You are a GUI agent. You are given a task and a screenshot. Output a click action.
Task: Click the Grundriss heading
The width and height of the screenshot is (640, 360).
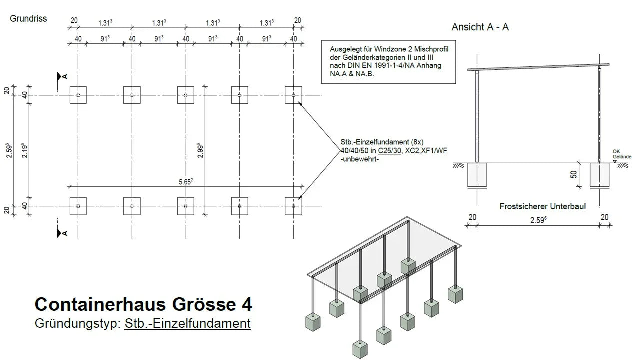click(28, 19)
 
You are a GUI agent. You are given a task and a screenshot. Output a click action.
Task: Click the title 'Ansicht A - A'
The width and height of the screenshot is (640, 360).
click(480, 27)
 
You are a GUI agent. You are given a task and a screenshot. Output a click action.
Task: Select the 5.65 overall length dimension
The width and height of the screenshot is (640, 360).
click(185, 182)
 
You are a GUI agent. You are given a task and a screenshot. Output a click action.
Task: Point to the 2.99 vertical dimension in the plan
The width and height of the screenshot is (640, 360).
click(199, 150)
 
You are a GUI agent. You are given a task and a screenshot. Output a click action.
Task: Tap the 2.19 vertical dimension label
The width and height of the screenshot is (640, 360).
click(24, 150)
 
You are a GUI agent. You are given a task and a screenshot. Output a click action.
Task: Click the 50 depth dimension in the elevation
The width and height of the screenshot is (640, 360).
click(574, 175)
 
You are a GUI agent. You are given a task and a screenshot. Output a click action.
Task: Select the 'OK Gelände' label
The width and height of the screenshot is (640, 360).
click(622, 154)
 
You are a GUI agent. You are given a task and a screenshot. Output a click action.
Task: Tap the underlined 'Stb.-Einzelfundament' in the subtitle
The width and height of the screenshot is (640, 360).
click(187, 323)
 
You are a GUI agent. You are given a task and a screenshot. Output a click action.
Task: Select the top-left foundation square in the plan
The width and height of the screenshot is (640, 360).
click(78, 95)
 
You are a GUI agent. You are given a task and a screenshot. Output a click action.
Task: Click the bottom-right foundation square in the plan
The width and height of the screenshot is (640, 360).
click(293, 206)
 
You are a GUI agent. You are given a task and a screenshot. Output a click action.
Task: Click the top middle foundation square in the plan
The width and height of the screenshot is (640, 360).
click(186, 95)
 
